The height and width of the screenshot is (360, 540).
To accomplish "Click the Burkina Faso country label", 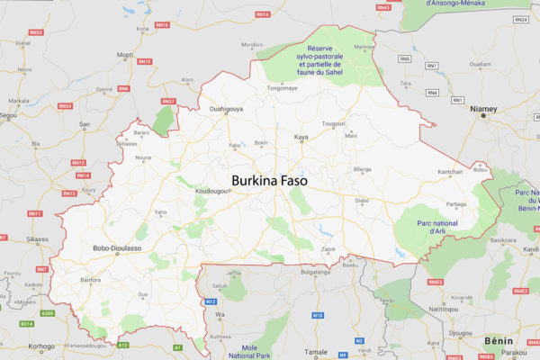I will point(269,181).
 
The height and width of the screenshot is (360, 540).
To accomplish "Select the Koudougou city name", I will point(213,192).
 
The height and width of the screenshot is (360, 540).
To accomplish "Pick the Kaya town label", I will point(303,139).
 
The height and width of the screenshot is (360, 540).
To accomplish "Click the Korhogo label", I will point(41,346).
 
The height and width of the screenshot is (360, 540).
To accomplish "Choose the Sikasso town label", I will point(37,239).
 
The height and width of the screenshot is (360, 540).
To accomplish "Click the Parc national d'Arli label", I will point(436,227).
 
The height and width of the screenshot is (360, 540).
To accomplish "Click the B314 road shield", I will point(27,322).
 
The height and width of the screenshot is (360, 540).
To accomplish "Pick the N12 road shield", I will point(211,301).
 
